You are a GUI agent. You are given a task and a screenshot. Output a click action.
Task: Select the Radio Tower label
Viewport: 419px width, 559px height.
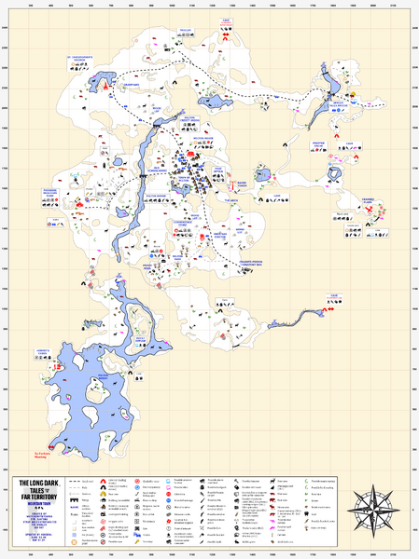(242, 184)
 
